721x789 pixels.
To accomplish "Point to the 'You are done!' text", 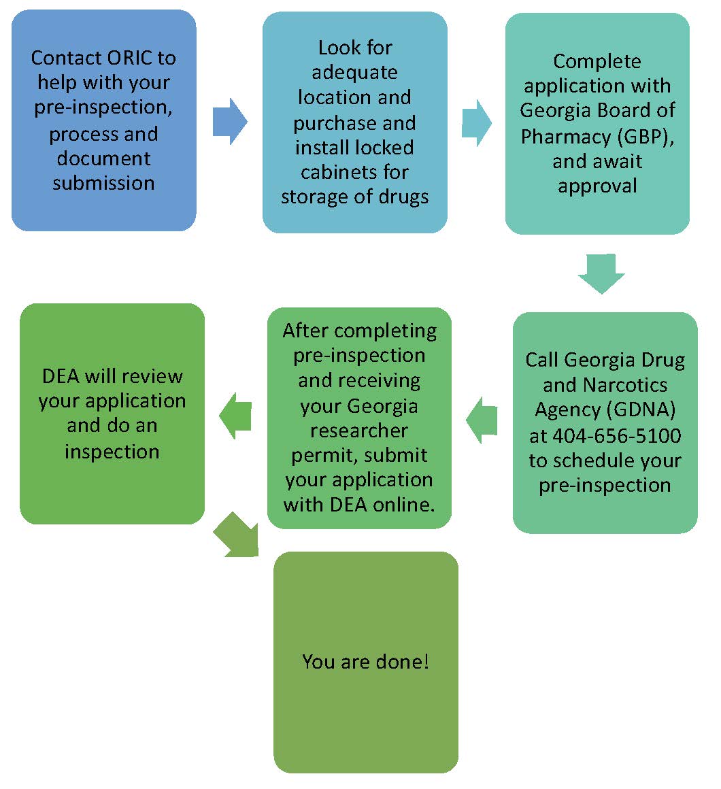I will point(365,661).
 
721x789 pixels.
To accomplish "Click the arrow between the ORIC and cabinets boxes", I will point(229,121).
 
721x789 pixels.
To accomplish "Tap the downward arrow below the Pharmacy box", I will point(601,273).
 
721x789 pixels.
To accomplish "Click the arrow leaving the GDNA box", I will point(482,420).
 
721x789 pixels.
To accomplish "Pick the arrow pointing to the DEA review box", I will point(235,416).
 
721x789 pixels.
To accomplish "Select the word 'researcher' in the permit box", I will point(359,431).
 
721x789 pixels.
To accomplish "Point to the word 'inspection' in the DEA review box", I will point(112,452).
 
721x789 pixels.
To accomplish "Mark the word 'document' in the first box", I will point(103,158).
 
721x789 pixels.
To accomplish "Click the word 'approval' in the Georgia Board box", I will point(597,186).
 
